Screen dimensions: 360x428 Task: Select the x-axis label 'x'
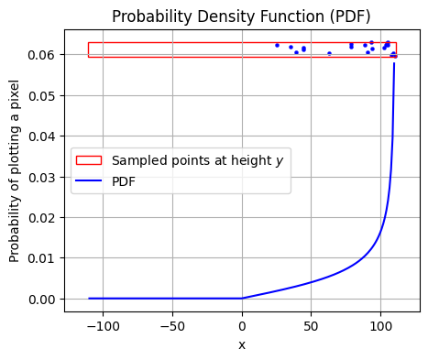click(242, 344)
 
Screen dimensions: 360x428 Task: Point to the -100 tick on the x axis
click(103, 325)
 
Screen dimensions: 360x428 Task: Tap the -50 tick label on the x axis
click(172, 325)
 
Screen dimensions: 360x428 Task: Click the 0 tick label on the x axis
click(242, 325)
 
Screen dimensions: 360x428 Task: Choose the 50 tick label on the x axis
click(312, 325)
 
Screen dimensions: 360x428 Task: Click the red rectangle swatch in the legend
click(89, 160)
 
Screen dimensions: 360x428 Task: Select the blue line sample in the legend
click(89, 180)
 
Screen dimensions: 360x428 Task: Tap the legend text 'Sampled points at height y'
click(197, 160)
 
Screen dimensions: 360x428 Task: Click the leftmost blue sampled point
click(277, 45)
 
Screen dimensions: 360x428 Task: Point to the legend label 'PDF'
click(124, 180)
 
